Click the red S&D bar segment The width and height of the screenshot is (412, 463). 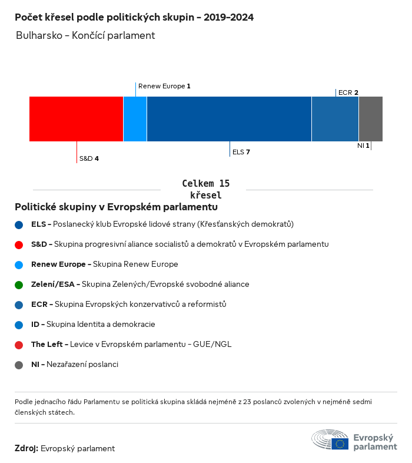[76, 119]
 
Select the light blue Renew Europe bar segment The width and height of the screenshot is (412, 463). [135, 119]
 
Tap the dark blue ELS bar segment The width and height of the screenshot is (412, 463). [229, 119]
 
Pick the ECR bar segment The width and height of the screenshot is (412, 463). [335, 119]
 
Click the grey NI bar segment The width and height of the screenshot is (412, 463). [370, 119]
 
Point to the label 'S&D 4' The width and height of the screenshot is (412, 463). [89, 158]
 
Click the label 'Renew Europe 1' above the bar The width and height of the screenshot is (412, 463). [164, 86]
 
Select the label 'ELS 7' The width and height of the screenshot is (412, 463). [241, 152]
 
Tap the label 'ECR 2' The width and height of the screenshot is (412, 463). [348, 92]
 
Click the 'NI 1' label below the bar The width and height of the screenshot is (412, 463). [363, 145]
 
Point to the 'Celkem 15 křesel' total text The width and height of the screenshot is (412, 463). [206, 190]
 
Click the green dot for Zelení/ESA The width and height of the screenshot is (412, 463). [19, 285]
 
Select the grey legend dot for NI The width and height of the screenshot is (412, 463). [19, 365]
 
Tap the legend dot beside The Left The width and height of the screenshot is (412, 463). [19, 345]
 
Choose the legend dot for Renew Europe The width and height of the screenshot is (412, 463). [19, 264]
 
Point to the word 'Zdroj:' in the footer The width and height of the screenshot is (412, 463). [26, 449]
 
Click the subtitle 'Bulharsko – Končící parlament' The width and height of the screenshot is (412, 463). [86, 35]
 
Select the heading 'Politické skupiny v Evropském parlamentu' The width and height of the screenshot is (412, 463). [116, 207]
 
